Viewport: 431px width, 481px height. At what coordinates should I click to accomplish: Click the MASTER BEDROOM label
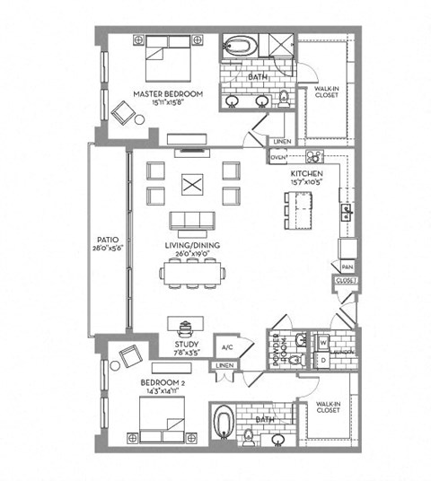pyautogui.click(x=168, y=93)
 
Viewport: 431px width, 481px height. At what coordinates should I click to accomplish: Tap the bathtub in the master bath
pyautogui.click(x=240, y=45)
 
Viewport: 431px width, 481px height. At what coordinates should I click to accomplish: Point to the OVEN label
pyautogui.click(x=277, y=157)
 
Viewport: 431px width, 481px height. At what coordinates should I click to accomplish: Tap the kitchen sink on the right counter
pyautogui.click(x=346, y=214)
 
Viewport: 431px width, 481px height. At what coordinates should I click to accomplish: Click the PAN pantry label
pyautogui.click(x=347, y=267)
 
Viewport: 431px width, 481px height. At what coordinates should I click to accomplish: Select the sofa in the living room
pyautogui.click(x=191, y=221)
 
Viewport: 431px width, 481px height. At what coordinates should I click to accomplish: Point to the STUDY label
pyautogui.click(x=186, y=342)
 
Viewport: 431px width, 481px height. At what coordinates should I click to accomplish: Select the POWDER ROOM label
pyautogui.click(x=277, y=345)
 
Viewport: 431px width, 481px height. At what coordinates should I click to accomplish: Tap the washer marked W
pyautogui.click(x=322, y=342)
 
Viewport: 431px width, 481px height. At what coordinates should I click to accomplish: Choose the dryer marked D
pyautogui.click(x=322, y=359)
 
